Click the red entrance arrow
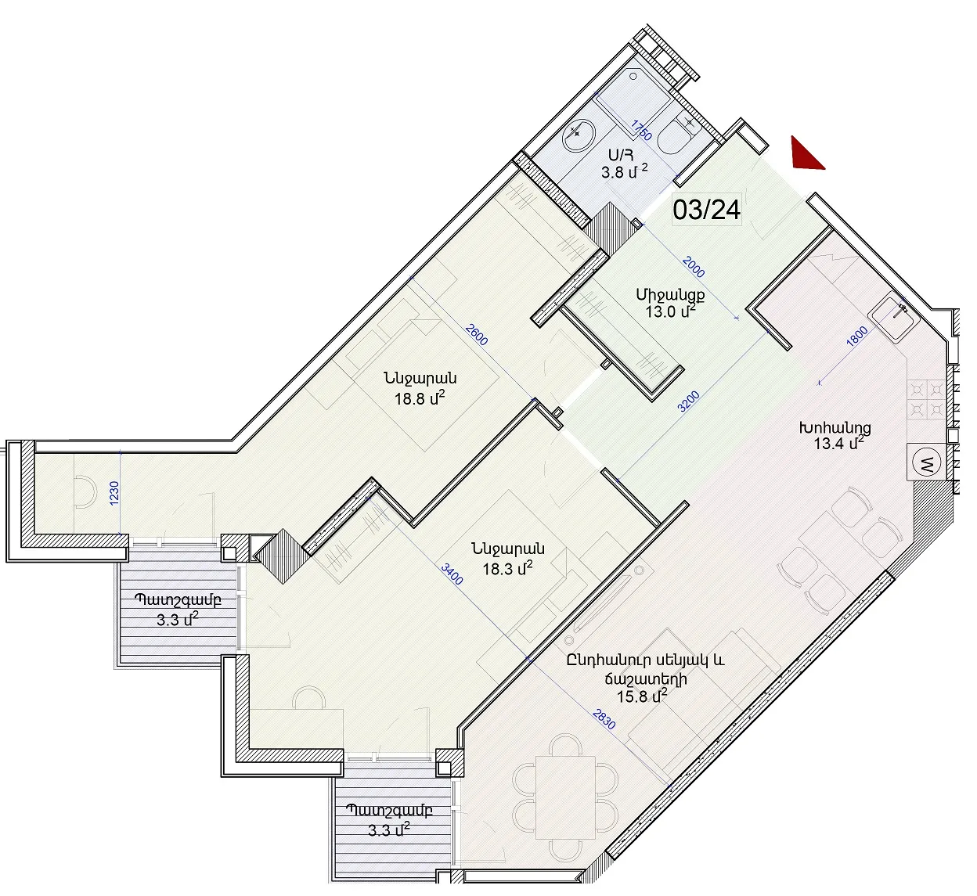pos(804,156)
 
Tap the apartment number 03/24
pos(707,211)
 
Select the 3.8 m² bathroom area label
pos(625,171)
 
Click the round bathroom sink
pos(579,132)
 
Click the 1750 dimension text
pos(642,130)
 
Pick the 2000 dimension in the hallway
pos(694,266)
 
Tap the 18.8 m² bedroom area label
pos(420,399)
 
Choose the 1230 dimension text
pos(114,494)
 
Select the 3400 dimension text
pos(452,574)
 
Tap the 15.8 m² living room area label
pos(642,696)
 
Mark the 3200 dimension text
pos(689,401)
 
